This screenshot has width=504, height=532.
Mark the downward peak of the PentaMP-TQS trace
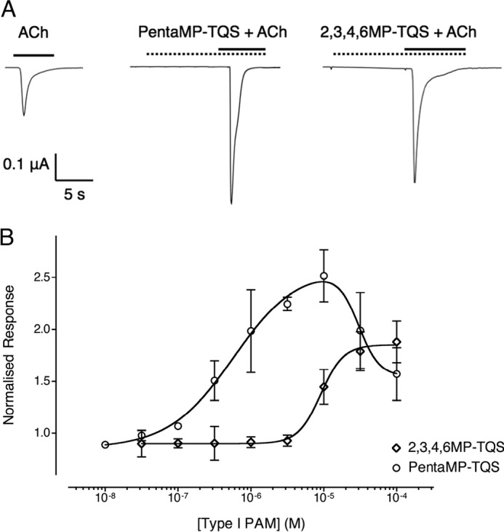coord(231,203)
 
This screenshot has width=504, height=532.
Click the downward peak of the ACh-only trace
coord(24,115)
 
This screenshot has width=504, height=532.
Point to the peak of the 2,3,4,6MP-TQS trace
coord(415,182)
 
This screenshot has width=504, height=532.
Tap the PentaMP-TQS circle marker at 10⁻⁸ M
coord(105,444)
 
